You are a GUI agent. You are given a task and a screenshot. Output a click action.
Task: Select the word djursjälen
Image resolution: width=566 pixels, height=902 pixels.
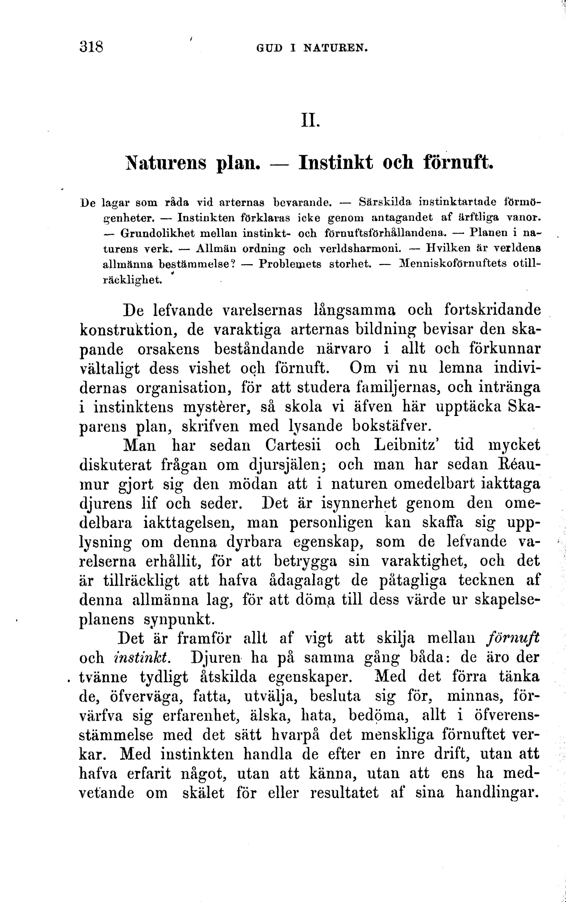coord(289,465)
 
